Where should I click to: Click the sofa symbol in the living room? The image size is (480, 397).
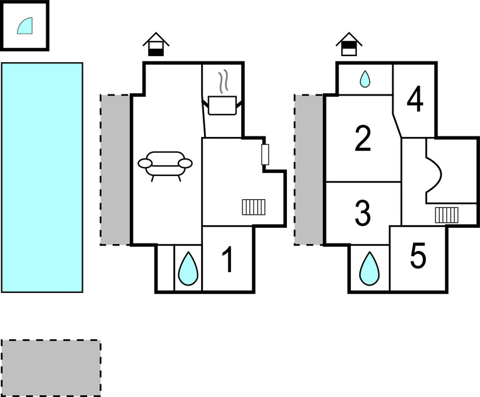click(165, 164)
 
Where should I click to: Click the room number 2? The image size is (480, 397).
click(362, 139)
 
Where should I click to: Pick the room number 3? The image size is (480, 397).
click(362, 213)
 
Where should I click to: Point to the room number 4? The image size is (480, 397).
click(414, 100)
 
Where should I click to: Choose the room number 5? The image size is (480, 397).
click(418, 257)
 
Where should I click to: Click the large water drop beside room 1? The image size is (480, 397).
click(188, 269)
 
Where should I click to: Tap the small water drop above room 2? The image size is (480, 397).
click(365, 79)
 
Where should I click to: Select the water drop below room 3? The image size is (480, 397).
click(368, 269)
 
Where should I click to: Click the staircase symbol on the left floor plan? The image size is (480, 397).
click(253, 208)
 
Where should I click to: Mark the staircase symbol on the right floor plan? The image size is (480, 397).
click(446, 214)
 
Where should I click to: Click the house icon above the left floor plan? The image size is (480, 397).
click(157, 44)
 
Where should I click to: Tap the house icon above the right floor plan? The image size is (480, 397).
click(349, 44)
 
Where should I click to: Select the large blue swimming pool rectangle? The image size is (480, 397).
click(42, 177)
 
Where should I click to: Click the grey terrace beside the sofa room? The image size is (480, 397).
click(115, 169)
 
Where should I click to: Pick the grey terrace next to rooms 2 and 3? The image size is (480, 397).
click(309, 169)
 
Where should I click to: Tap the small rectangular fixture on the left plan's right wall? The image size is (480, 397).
click(265, 155)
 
